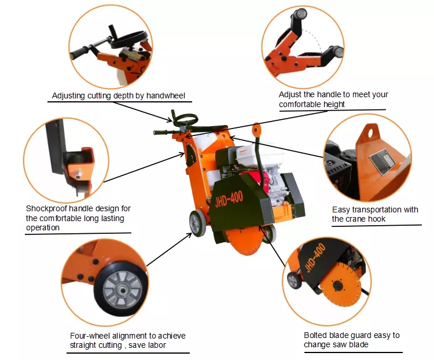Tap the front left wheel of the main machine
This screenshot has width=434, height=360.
(197, 222)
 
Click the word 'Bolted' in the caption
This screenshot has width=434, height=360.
(316, 335)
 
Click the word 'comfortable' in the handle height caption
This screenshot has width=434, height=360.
(301, 104)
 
